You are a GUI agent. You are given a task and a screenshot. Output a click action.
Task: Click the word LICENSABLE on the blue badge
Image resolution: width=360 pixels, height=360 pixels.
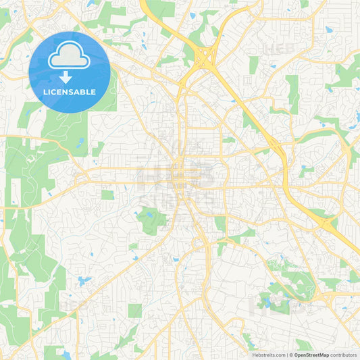pos(70,92)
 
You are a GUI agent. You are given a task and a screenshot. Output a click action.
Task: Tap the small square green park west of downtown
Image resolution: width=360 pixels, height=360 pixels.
pos(107,195)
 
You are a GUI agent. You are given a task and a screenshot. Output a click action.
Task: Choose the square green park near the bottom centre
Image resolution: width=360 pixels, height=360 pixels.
pos(135,310)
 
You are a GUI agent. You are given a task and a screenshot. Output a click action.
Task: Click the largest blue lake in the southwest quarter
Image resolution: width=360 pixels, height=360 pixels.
pos(84,280)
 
